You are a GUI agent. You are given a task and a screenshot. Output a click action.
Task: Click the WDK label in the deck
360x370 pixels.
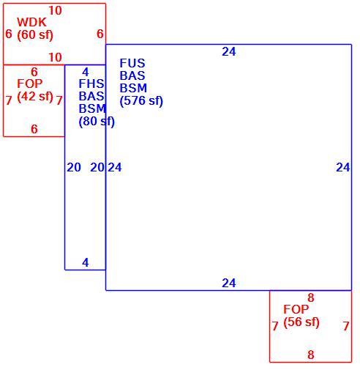[x=31, y=22]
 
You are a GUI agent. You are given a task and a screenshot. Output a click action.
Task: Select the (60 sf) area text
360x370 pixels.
[x=35, y=34]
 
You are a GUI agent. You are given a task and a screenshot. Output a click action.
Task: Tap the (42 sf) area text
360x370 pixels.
[x=35, y=97]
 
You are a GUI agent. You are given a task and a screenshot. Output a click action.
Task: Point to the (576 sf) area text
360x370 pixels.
[x=141, y=101]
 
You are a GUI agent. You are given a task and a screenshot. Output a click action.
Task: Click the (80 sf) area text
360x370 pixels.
[x=97, y=122]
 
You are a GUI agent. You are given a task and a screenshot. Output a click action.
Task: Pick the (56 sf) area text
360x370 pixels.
[x=301, y=322]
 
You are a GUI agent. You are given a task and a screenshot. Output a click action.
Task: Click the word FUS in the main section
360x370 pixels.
[x=132, y=63]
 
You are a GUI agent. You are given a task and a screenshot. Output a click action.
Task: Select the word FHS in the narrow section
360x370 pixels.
[x=91, y=84]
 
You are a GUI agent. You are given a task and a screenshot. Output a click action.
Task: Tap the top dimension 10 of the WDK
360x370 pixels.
[x=55, y=10]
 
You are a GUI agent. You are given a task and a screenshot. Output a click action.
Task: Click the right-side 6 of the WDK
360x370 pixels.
[x=100, y=34]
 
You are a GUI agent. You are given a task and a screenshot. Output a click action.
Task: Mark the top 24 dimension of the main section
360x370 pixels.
[x=229, y=51]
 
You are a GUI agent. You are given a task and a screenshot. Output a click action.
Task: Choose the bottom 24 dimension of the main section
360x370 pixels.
[x=229, y=283]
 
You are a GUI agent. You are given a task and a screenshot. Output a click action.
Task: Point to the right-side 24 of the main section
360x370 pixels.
[x=343, y=167]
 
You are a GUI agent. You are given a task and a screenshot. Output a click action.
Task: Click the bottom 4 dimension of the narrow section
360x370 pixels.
[x=86, y=262]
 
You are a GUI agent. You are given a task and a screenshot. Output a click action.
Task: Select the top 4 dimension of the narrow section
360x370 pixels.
[x=86, y=72]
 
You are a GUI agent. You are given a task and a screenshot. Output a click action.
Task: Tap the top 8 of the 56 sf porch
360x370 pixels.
[x=311, y=297]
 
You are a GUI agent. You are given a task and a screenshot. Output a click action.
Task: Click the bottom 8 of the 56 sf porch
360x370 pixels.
[x=311, y=355]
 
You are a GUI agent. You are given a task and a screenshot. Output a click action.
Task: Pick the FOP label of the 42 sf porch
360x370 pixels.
[x=30, y=84]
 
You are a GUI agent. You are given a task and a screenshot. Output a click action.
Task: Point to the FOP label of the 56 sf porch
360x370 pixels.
[x=296, y=309]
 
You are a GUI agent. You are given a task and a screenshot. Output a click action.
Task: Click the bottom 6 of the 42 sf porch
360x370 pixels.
[x=34, y=129]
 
